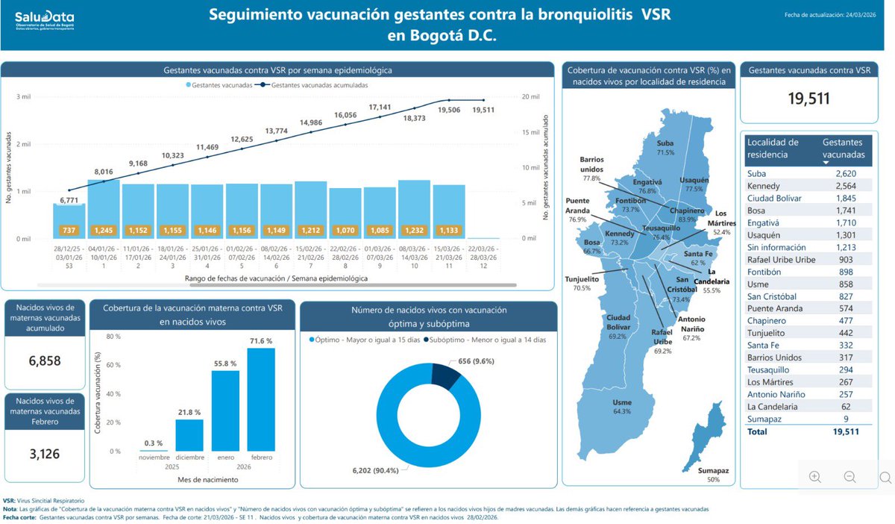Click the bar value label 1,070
click(345, 230)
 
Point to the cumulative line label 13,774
click(277, 131)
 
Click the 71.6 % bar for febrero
click(260, 399)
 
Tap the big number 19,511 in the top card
click(809, 99)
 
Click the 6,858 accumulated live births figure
click(44, 361)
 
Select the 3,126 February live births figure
click(44, 453)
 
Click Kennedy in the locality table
click(764, 185)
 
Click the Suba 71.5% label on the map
click(665, 147)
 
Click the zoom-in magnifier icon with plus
click(814, 476)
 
